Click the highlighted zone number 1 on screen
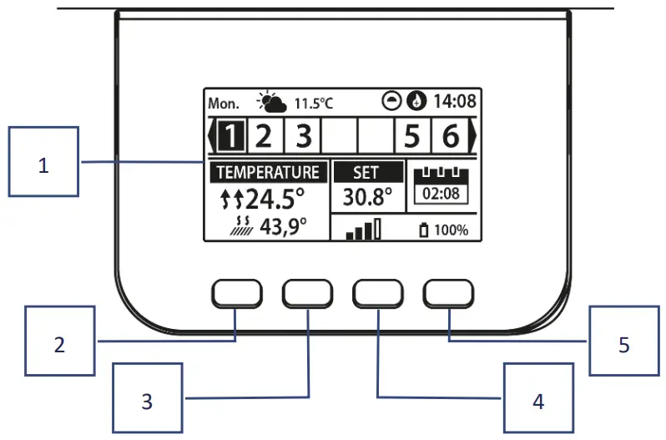pos(235,134)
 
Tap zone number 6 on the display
pos(450,134)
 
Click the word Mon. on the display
pos(223,104)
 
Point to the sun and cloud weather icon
pos(272,103)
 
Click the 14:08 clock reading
pos(455,102)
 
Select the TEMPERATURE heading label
pos(268,173)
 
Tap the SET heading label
pos(366,173)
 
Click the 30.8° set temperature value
pos(367,197)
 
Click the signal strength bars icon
pos(363,230)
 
